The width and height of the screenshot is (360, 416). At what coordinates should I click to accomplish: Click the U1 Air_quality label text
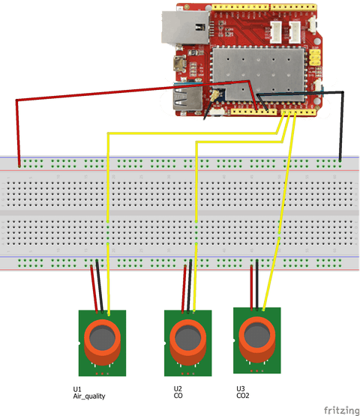point(89,393)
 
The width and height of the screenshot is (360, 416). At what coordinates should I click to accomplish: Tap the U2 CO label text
point(178,392)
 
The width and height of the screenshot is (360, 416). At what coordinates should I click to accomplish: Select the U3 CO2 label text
point(243,392)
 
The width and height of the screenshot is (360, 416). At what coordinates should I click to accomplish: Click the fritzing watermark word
point(341,410)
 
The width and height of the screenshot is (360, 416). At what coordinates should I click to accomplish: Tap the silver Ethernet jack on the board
point(185,27)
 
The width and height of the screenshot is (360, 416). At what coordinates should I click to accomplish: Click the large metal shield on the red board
point(258,74)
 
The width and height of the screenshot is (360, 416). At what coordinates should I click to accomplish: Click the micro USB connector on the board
point(179,64)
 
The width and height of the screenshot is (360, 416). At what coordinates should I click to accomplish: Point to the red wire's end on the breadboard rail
point(19,166)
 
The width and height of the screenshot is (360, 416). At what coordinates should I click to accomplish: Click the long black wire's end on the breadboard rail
point(340,160)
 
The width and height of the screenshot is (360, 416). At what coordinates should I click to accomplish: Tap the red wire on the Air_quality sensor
point(94,289)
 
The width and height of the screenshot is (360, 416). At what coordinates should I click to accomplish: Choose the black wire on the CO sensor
point(189,286)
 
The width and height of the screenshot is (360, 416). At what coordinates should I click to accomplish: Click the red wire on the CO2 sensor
point(251,287)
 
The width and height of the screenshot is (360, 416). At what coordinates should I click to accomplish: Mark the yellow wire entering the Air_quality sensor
point(108,279)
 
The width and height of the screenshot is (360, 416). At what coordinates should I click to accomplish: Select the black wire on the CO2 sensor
point(257,285)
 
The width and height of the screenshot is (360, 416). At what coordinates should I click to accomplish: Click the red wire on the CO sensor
point(184,289)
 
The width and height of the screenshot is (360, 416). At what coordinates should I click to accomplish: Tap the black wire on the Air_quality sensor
point(100,286)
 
